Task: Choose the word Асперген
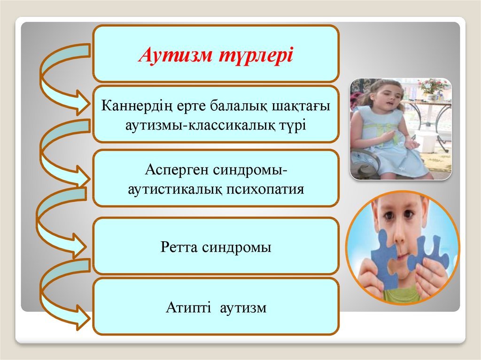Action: tap(176, 170)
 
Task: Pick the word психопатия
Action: tap(265, 189)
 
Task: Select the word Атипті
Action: tap(188, 307)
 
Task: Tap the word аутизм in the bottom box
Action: tap(243, 308)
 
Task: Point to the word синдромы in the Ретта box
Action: tap(237, 247)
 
